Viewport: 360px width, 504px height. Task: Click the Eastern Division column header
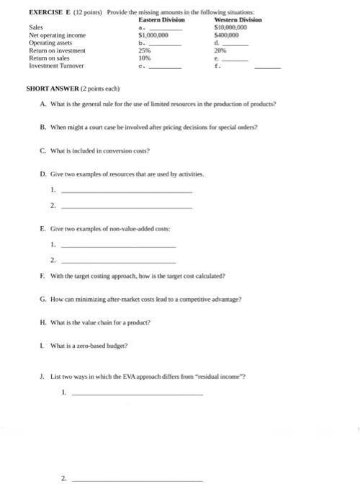tap(161, 19)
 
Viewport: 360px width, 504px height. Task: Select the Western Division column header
tap(238, 19)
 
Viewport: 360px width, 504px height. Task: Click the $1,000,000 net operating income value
tap(153, 35)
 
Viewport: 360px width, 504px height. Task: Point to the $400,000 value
tap(228, 35)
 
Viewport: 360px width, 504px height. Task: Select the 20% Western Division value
tap(221, 50)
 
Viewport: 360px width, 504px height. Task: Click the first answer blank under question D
tap(127, 192)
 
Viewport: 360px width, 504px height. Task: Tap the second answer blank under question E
tap(118, 260)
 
